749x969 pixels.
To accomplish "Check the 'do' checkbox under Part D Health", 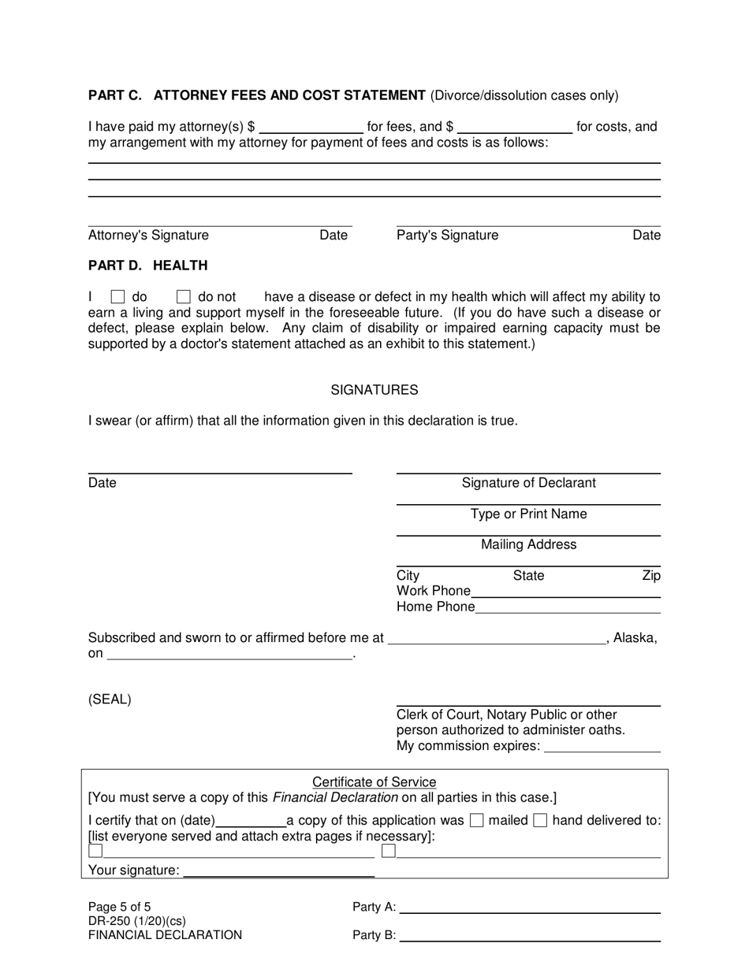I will pyautogui.click(x=117, y=297).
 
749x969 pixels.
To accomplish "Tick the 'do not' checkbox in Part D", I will pyautogui.click(x=184, y=297).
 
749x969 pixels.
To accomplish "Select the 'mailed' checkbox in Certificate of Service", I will pyautogui.click(x=476, y=820).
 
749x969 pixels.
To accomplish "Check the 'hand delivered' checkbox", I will pyautogui.click(x=540, y=820).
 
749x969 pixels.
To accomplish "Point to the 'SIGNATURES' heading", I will pyautogui.click(x=374, y=390).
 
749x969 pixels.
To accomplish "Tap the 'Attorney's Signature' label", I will pyautogui.click(x=148, y=235).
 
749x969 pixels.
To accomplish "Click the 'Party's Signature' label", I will pyautogui.click(x=447, y=235).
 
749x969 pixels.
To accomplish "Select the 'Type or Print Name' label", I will pyautogui.click(x=528, y=514).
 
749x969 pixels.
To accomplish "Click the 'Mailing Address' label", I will pyautogui.click(x=528, y=544).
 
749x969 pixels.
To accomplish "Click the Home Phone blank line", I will pyautogui.click(x=568, y=607).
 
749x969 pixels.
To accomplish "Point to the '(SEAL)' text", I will pyautogui.click(x=110, y=699).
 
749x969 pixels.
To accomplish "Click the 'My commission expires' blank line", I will pyautogui.click(x=602, y=746).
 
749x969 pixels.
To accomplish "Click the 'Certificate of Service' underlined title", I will pyautogui.click(x=374, y=782).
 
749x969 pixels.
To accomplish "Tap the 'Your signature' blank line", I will pyautogui.click(x=279, y=871).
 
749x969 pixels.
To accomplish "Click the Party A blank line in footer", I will pyautogui.click(x=530, y=908).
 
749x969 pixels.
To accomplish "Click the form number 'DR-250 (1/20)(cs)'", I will pyautogui.click(x=137, y=921).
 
